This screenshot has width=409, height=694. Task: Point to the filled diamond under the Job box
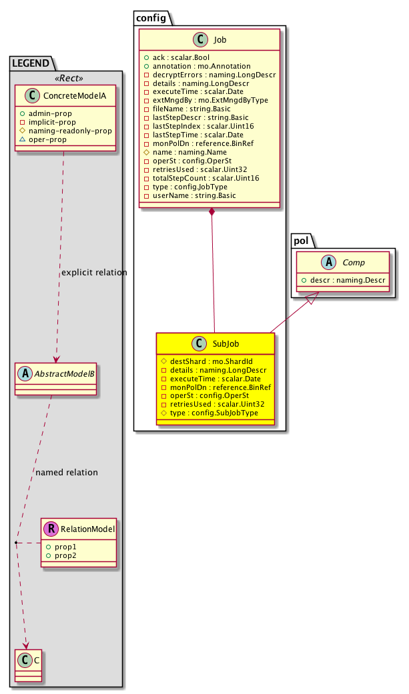click(x=212, y=213)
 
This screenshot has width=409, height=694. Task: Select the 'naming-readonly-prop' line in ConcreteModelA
click(x=69, y=131)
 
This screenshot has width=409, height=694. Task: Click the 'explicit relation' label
click(x=93, y=272)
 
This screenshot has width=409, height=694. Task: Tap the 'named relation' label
click(x=66, y=472)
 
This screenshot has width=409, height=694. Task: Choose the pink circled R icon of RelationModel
click(x=51, y=529)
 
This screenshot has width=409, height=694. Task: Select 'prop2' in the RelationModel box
click(x=65, y=555)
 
